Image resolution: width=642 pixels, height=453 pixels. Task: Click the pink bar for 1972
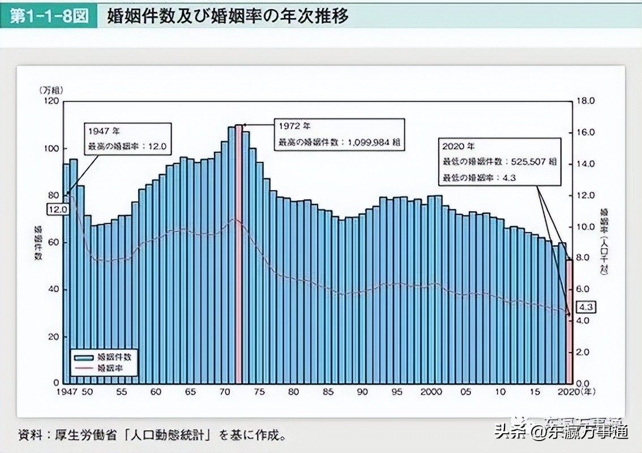point(239,255)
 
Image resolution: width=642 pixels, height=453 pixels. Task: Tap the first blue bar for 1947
point(66,272)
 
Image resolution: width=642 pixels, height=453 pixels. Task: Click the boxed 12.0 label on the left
point(58,208)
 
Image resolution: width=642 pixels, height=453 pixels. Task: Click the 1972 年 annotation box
point(339,134)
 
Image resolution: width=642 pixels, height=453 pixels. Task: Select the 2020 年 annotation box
point(498,161)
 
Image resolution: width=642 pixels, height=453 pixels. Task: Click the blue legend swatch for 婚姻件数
point(83,357)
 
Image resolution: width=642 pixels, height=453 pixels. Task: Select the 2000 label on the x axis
point(431,392)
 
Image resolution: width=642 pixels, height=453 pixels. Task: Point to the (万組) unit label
point(52,90)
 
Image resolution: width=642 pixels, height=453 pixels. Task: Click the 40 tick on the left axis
point(53,289)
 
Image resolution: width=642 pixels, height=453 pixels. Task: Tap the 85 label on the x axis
point(329,392)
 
